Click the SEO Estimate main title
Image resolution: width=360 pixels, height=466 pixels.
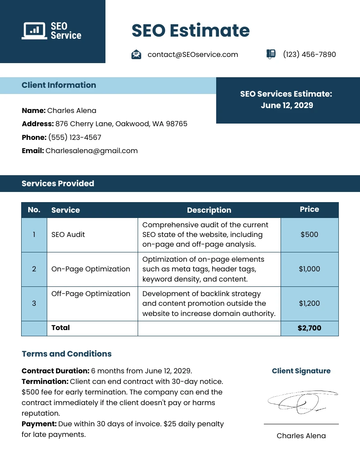[190, 31]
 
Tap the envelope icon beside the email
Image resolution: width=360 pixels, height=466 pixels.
[136, 54]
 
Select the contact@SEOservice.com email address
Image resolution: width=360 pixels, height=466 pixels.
[193, 54]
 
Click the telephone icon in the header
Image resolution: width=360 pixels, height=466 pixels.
[271, 54]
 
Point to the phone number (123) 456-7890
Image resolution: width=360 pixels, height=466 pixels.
[309, 54]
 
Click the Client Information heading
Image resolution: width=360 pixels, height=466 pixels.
[59, 85]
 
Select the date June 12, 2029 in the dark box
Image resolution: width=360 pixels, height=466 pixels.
[287, 105]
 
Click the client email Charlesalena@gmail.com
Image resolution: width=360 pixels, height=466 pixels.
[91, 150]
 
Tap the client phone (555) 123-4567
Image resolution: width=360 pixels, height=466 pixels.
[75, 137]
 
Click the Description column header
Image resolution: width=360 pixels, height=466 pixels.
[209, 210]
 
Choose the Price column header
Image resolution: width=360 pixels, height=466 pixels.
[309, 209]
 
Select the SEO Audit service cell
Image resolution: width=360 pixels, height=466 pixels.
[68, 234]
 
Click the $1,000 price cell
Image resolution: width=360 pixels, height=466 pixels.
[309, 269]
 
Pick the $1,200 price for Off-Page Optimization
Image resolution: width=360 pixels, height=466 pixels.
[309, 303]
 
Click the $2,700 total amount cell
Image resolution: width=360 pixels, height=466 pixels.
[309, 328]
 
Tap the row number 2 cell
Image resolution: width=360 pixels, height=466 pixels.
[34, 269]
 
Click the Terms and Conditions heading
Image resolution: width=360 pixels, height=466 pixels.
[67, 354]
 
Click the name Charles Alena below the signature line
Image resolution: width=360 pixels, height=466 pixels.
[301, 436]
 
